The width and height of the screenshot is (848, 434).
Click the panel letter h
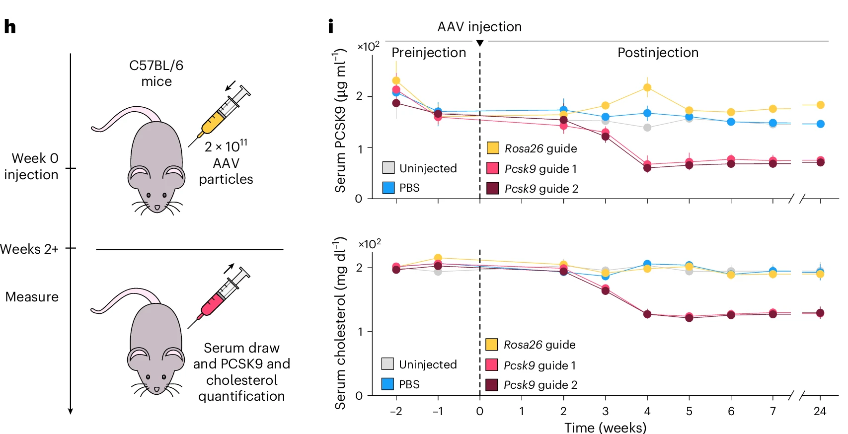10,26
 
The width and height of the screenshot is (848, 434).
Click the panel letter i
331,26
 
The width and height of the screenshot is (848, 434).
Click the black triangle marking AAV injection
480,43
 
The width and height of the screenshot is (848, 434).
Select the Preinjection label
429,53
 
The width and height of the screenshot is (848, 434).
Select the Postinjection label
658,53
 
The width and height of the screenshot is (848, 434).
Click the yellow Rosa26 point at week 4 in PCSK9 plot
647,87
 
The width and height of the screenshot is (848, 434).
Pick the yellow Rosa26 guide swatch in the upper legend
493,148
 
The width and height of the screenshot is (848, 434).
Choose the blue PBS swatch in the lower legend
388,384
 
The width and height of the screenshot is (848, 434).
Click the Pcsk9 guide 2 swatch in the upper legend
493,188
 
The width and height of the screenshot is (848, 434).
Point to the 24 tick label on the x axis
820,411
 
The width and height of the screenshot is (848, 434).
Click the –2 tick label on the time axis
396,411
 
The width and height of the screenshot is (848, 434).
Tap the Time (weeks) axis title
605,427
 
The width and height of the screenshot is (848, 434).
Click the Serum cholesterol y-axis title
340,323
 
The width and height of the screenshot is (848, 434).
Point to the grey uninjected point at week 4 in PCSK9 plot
647,128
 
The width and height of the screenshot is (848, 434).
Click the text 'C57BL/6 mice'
156,73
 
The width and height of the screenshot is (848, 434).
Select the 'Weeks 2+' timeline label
29,249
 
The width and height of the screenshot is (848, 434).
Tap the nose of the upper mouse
157,208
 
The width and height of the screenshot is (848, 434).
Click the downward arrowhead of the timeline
71,411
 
